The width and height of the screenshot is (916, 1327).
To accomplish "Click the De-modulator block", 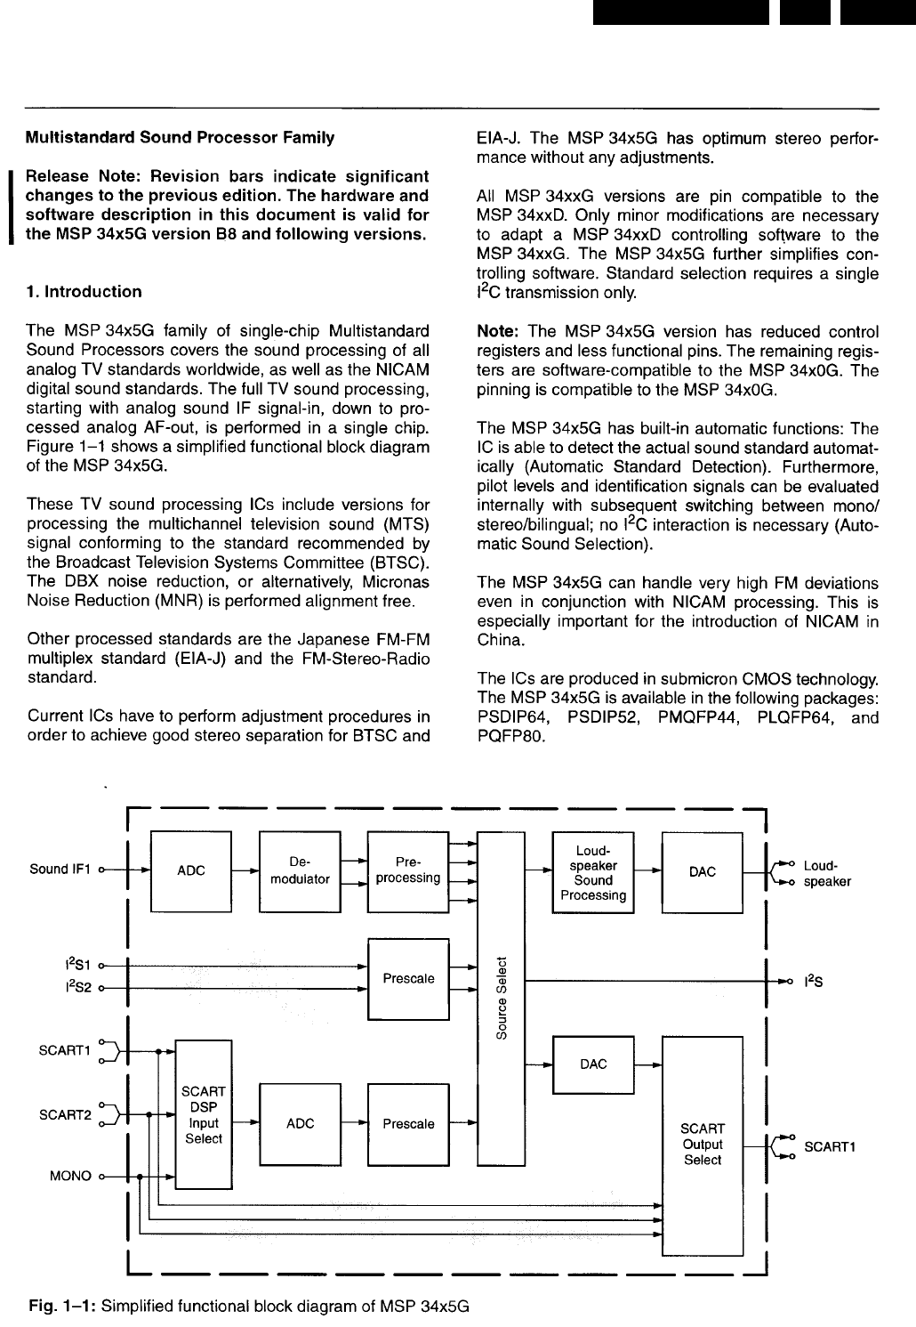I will [299, 870].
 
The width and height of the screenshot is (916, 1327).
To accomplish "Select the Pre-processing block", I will [407, 870].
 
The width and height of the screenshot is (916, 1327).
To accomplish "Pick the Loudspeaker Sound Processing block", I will [592, 872].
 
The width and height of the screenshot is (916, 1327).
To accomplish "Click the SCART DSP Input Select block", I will [203, 1114].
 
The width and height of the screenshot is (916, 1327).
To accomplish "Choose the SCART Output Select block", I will [703, 1145].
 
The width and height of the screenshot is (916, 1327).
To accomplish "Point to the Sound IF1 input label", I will [60, 870].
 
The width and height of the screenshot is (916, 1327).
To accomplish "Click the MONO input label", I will [70, 1177].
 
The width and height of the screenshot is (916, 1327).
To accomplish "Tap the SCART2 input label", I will [65, 1114].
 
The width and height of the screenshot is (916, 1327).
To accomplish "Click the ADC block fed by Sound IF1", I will [191, 871].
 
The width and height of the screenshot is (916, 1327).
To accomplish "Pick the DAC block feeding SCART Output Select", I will [593, 1064].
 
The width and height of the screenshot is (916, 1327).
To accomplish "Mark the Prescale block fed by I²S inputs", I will [408, 979].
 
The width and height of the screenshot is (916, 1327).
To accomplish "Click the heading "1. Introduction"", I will [84, 292].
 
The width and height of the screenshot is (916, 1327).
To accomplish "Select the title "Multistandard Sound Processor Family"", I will [181, 138].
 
